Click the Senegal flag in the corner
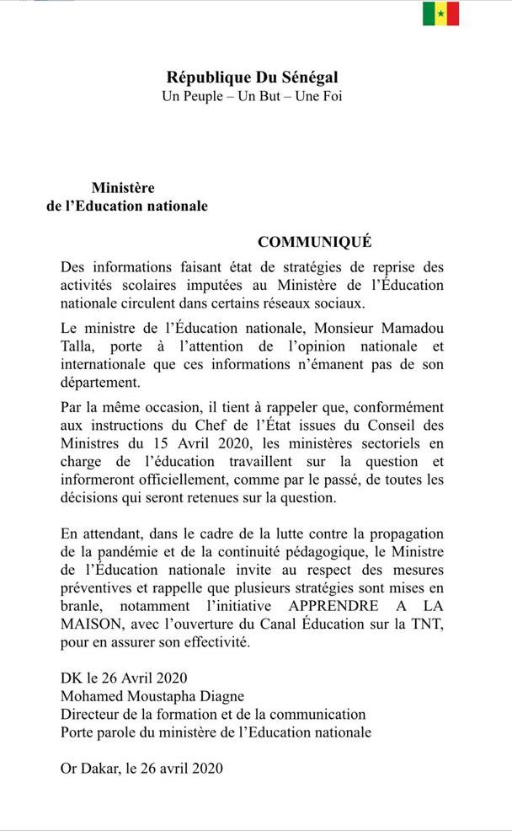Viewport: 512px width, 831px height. (440, 13)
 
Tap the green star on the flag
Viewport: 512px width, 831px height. (440, 13)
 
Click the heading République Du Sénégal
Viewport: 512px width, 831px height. (252, 78)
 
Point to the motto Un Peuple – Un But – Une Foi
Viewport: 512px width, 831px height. (252, 95)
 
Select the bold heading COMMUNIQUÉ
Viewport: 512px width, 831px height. (315, 242)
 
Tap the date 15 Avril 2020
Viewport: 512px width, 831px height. (184, 444)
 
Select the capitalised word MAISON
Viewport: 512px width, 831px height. (89, 625)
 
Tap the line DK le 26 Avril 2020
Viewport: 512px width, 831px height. (123, 678)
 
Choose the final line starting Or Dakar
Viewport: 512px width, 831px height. (141, 768)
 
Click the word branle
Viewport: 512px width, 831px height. (79, 606)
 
